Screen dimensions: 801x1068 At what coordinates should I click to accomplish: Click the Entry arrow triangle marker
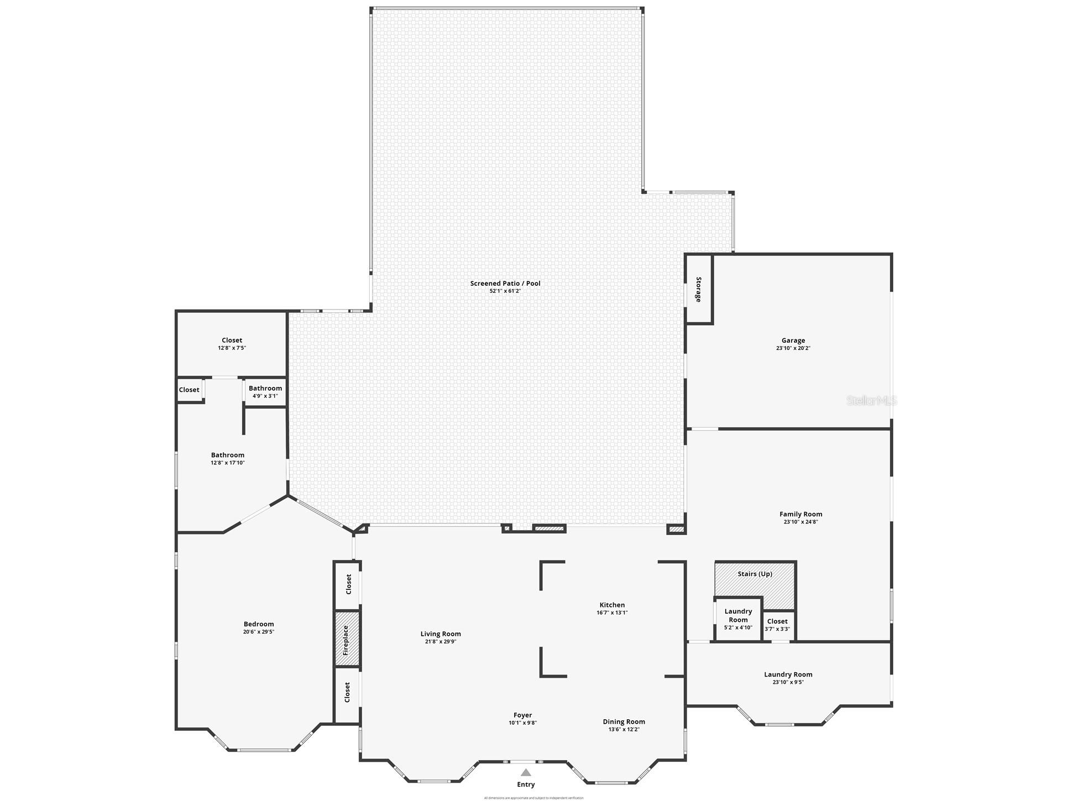pyautogui.click(x=526, y=773)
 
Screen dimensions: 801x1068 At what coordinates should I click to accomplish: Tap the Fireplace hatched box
pyautogui.click(x=347, y=639)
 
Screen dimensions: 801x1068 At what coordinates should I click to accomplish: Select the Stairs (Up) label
pyautogui.click(x=755, y=574)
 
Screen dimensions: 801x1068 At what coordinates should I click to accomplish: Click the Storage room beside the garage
pyautogui.click(x=699, y=289)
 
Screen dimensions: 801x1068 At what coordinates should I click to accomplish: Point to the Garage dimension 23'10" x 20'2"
pyautogui.click(x=793, y=348)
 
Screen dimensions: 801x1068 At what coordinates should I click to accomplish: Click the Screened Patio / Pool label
pyautogui.click(x=505, y=284)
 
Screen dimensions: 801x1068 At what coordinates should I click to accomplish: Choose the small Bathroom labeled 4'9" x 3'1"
pyautogui.click(x=265, y=392)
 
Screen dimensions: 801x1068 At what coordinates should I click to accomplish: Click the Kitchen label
pyautogui.click(x=612, y=605)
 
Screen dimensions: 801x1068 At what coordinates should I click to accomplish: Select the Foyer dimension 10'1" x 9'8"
pyautogui.click(x=522, y=723)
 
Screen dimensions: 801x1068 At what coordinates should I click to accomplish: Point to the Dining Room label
pyautogui.click(x=624, y=721)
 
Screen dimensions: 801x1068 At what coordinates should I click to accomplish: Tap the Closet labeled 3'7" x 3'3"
pyautogui.click(x=777, y=625)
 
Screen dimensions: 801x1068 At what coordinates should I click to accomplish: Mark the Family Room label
pyautogui.click(x=800, y=514)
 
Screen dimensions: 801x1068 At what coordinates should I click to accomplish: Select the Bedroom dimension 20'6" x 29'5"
pyautogui.click(x=258, y=632)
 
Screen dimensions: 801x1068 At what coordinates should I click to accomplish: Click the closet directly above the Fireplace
pyautogui.click(x=348, y=585)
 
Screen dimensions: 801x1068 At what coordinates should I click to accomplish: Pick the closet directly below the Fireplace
pyautogui.click(x=347, y=693)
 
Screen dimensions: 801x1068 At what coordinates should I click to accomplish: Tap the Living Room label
pyautogui.click(x=440, y=634)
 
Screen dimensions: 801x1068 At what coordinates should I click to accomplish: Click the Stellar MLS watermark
pyautogui.click(x=871, y=401)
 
